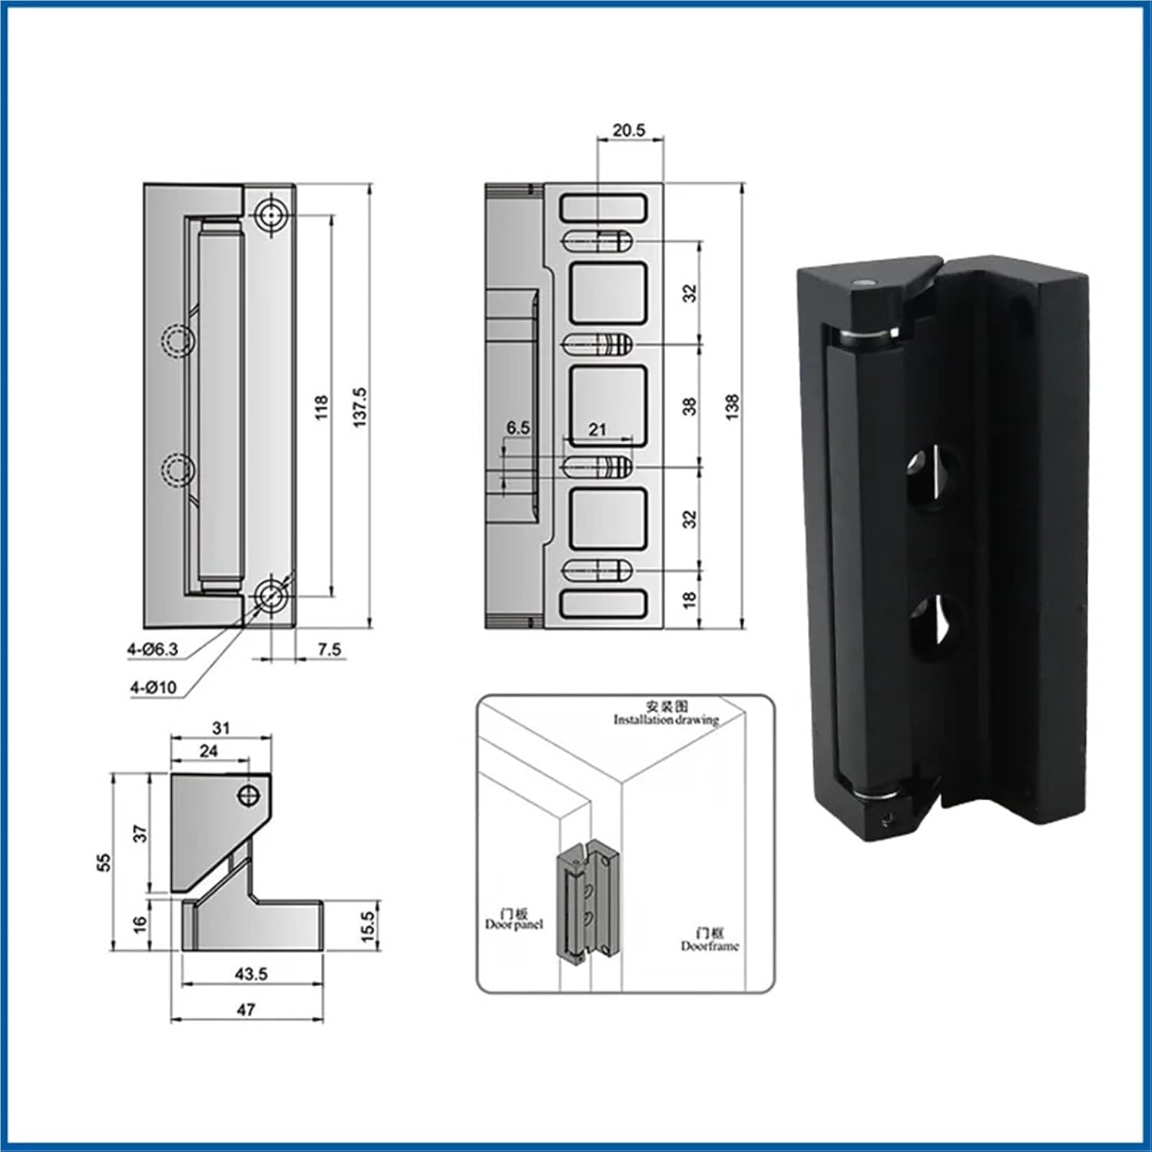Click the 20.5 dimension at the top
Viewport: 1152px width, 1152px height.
pyautogui.click(x=628, y=130)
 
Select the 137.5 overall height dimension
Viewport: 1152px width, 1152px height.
pyautogui.click(x=359, y=407)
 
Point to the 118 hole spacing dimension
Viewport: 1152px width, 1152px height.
pyautogui.click(x=321, y=406)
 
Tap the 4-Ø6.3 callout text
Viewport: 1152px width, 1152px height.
pyautogui.click(x=153, y=649)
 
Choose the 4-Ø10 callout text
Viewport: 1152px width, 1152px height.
pyautogui.click(x=153, y=687)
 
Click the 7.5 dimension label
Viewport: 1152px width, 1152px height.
pyautogui.click(x=329, y=649)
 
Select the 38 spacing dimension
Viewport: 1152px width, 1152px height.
pyautogui.click(x=690, y=406)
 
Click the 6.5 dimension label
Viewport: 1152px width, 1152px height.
pyautogui.click(x=518, y=427)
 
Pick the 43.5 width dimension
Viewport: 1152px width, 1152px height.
pyautogui.click(x=251, y=974)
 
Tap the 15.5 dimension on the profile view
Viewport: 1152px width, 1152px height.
pyautogui.click(x=368, y=927)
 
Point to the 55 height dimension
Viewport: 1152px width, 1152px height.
pyautogui.click(x=104, y=862)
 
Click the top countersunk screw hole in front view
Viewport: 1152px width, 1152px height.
pyautogui.click(x=270, y=216)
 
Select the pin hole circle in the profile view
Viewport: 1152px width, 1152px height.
pyautogui.click(x=248, y=796)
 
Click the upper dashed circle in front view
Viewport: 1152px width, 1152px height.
pyautogui.click(x=177, y=340)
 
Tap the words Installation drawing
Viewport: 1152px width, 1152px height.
pyautogui.click(x=666, y=720)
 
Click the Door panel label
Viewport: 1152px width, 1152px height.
pyautogui.click(x=514, y=924)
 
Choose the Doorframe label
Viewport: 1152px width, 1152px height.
pyautogui.click(x=710, y=945)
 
